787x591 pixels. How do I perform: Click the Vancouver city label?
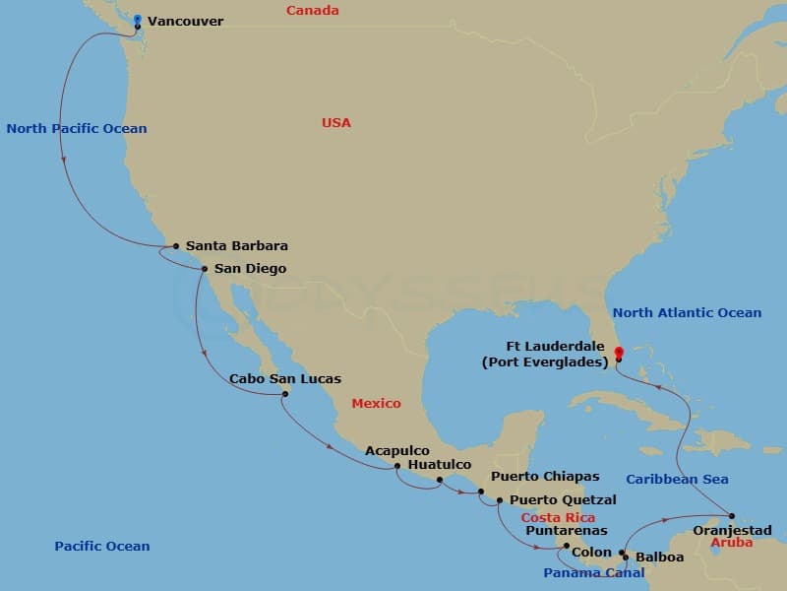(185, 21)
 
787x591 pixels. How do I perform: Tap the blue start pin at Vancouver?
(138, 20)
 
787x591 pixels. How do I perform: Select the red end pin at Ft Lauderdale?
(618, 351)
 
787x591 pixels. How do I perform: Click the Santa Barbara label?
(236, 245)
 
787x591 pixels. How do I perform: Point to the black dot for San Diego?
(204, 268)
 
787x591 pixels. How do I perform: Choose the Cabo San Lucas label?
(285, 378)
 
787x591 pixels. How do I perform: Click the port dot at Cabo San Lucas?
(285, 395)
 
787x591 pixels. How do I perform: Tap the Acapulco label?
(397, 450)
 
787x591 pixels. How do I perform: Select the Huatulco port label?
(439, 464)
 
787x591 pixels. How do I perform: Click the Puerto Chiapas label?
(545, 477)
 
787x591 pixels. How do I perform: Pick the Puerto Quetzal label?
(563, 499)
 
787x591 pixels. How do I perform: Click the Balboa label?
(659, 557)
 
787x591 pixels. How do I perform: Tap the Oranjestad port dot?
(732, 515)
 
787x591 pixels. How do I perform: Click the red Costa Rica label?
(558, 517)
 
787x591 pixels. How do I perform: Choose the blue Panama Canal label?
(594, 572)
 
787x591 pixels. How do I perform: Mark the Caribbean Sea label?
(677, 480)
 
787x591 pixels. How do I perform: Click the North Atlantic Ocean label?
(687, 313)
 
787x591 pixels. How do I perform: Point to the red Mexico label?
(377, 404)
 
